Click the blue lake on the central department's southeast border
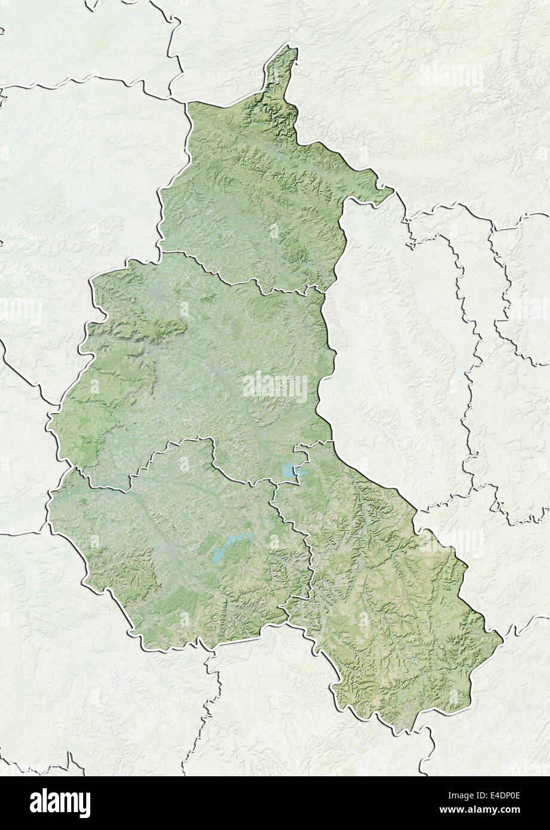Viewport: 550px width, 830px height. pyautogui.click(x=288, y=471)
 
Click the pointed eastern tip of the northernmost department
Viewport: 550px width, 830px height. pyautogui.click(x=392, y=192)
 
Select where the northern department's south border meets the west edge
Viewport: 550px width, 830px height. pyautogui.click(x=160, y=250)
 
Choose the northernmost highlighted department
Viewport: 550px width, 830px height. pyautogui.click(x=257, y=191)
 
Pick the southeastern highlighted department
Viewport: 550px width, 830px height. pyautogui.click(x=383, y=597)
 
